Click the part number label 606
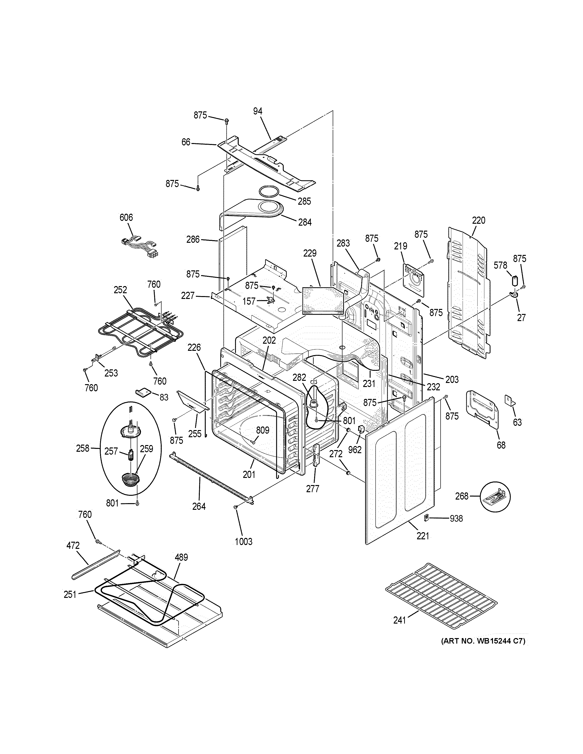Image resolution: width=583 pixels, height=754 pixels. coord(126,218)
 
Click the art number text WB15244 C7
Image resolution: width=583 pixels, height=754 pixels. coord(483,641)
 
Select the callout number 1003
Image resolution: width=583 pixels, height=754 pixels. coord(243,542)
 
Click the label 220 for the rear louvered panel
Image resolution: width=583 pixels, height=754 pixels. coord(479,220)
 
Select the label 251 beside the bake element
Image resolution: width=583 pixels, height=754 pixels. coord(70,595)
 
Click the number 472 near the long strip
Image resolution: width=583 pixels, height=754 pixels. coord(73,546)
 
